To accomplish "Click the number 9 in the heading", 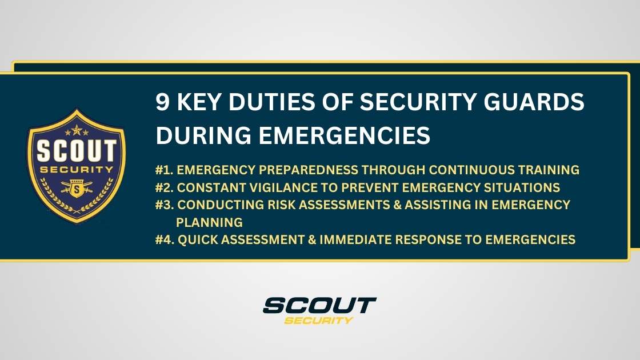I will (163, 103).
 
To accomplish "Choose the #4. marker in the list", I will (166, 241).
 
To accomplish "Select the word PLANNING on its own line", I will (210, 222).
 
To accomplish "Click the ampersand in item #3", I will (397, 205).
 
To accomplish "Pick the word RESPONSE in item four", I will (435, 241).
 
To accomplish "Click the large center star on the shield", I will (77, 130).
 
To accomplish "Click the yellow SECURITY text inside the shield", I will (76, 170).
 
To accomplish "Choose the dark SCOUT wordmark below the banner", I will (319, 305).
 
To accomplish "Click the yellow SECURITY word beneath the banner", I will (318, 320).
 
